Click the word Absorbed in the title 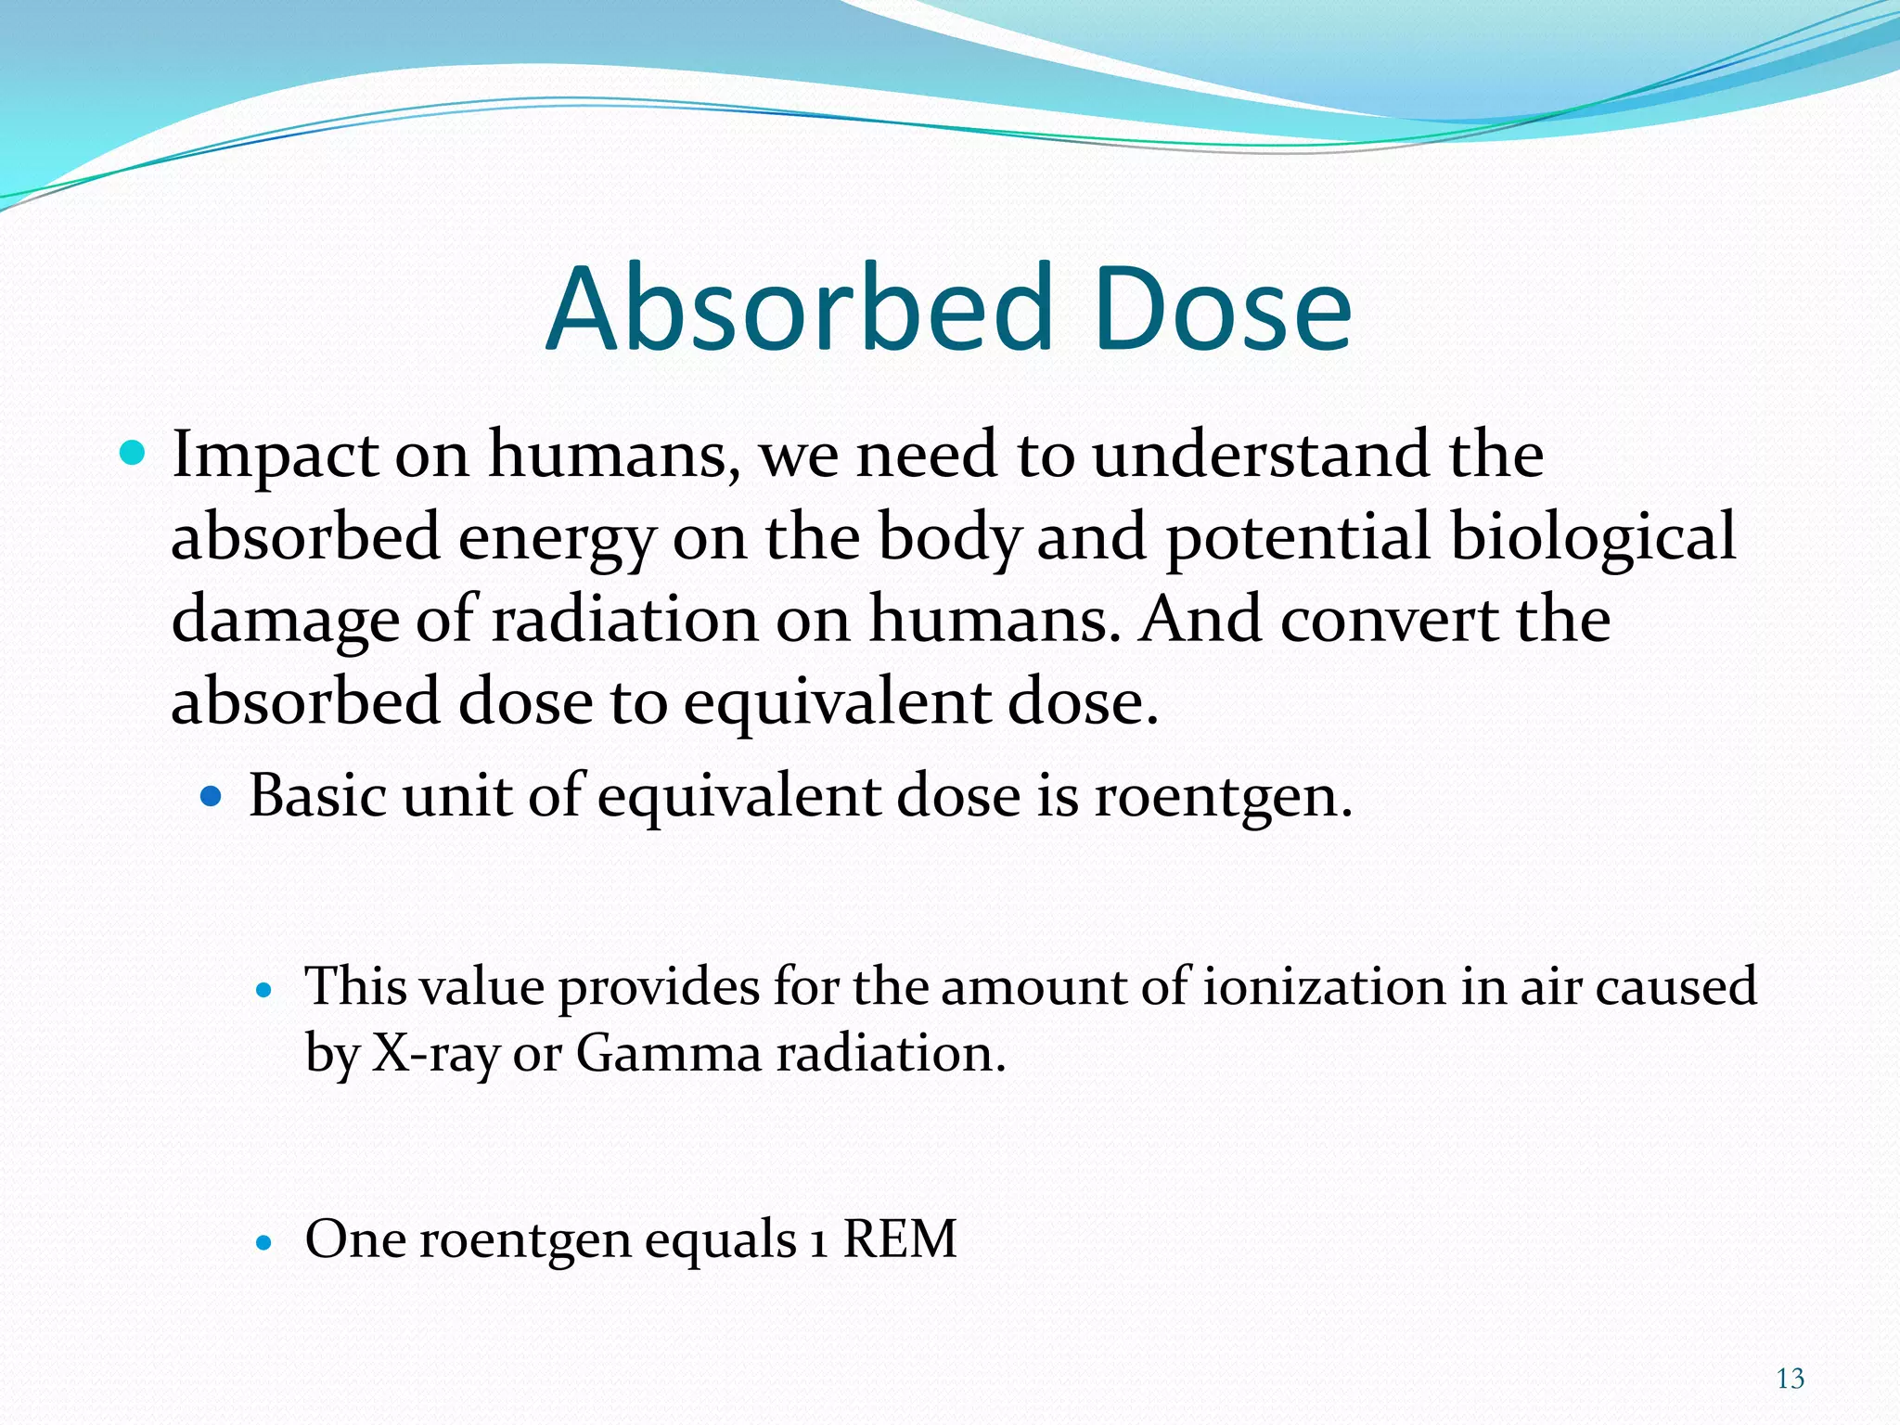click(x=799, y=309)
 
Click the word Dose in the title click(x=1223, y=309)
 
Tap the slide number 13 click(x=1790, y=1379)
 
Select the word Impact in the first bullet click(x=275, y=456)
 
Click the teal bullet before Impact click(x=134, y=454)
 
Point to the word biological click(x=1592, y=537)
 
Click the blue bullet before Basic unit click(x=212, y=796)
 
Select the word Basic click(x=316, y=795)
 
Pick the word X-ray click(x=435, y=1054)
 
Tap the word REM click(x=899, y=1239)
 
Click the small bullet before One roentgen click(x=265, y=1241)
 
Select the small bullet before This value click(x=265, y=990)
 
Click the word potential click(x=1298, y=537)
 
